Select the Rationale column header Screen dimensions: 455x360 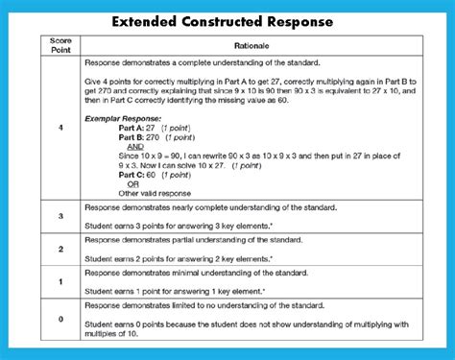pyautogui.click(x=252, y=46)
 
